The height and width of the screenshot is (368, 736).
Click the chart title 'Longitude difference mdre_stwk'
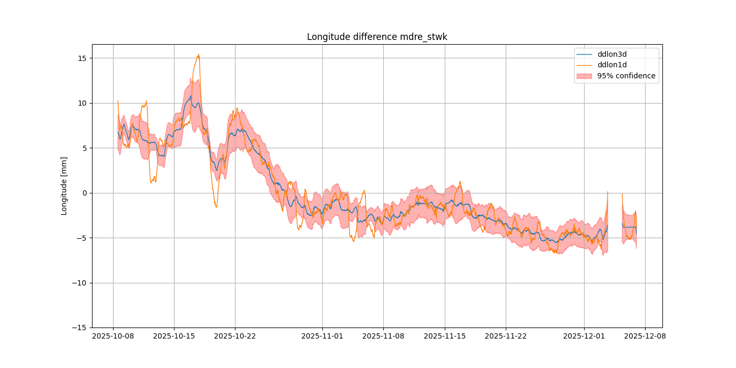pos(377,37)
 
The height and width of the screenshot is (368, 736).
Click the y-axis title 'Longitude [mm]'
pos(64,186)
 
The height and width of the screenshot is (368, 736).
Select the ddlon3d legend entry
pos(612,54)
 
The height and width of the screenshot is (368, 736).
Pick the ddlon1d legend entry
pos(612,65)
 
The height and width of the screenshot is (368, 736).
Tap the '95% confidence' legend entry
pos(626,76)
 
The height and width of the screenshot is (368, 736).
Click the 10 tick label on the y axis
pos(83,103)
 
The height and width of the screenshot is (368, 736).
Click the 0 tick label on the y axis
pos(85,193)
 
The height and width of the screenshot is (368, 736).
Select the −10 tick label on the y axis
pos(80,283)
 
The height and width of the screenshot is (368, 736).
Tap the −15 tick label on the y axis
pos(80,328)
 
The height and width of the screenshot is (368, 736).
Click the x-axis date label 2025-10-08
pos(113,336)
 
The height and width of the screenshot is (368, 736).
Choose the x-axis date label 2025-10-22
pos(235,336)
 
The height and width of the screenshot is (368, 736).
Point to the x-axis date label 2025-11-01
pos(322,336)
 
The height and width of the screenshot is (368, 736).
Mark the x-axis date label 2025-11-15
pos(445,336)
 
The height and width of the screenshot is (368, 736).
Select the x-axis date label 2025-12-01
pos(584,336)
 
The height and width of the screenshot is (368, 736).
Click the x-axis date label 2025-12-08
pos(646,336)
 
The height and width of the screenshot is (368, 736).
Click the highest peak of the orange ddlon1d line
pos(198,54)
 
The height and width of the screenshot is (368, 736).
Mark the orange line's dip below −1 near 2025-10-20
pos(216,207)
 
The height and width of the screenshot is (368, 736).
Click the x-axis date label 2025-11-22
pos(506,336)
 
